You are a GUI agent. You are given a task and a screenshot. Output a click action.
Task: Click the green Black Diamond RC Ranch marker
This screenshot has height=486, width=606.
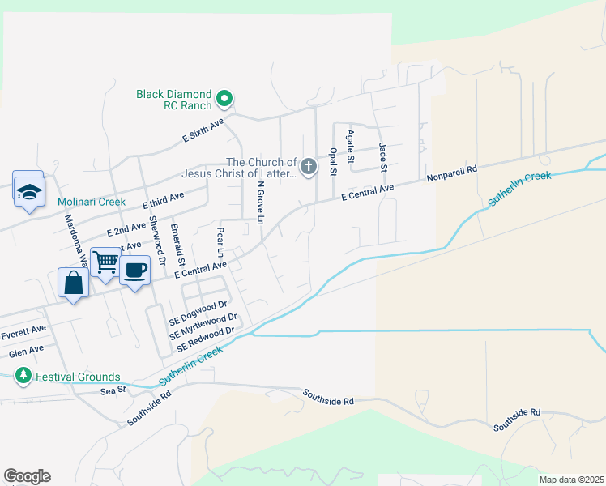[226, 100]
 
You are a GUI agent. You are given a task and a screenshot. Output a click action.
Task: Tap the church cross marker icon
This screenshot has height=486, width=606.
[308, 168]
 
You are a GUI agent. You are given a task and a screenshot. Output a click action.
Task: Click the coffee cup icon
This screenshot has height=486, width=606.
[134, 270]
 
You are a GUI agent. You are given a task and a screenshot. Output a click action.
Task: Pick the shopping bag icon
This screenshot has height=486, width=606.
[73, 283]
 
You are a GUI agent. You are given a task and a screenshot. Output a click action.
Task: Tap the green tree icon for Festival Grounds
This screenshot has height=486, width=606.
[23, 376]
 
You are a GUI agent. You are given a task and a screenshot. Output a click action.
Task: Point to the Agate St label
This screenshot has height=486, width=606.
[350, 147]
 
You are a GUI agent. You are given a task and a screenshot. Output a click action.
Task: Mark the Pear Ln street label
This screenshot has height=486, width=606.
[220, 241]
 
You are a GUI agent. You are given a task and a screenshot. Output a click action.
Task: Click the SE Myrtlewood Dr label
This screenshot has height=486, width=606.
[203, 326]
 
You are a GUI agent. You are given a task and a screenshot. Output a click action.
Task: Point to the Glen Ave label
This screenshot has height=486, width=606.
[26, 350]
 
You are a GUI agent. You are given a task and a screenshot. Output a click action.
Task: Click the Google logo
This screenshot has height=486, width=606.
[27, 476]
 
